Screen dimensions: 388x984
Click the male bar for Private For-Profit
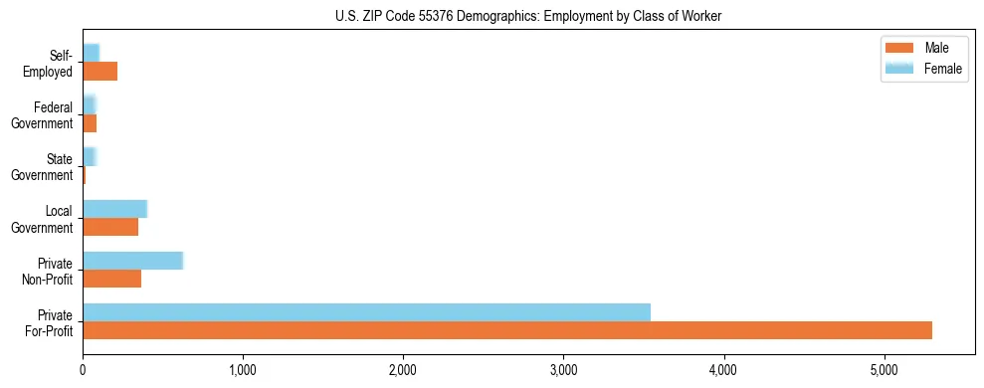tap(507, 330)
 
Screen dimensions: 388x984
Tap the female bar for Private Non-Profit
tap(132, 261)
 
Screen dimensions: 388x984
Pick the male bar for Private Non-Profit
tap(111, 279)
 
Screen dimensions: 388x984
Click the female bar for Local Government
tap(114, 209)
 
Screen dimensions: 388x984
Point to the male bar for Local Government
tap(110, 227)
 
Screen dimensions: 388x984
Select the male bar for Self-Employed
tap(99, 72)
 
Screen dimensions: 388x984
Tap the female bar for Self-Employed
tap(91, 53)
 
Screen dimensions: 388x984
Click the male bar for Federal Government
tap(90, 123)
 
